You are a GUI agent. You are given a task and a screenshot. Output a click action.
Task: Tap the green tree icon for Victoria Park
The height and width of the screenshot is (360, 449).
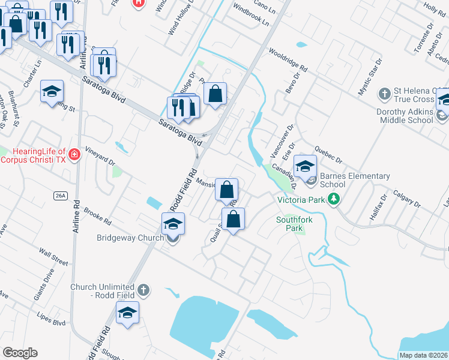click(x=334, y=200)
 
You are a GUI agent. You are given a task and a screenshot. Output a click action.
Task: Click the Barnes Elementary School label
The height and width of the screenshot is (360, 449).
click(x=355, y=180)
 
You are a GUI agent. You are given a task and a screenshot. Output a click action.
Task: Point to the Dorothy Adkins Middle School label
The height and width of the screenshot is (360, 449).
click(x=405, y=116)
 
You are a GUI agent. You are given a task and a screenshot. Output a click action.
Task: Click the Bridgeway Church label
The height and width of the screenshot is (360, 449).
click(x=130, y=238)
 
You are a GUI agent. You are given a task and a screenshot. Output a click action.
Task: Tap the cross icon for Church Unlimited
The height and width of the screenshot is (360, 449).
click(x=143, y=290)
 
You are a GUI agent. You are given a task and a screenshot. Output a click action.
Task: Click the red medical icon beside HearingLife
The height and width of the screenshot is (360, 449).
click(x=74, y=155)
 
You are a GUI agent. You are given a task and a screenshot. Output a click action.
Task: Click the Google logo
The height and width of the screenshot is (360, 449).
click(x=20, y=352)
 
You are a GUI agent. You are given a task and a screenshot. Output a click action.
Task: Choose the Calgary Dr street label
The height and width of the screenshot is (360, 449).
click(x=406, y=199)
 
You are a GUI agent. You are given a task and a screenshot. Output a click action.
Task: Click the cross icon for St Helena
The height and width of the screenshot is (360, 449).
click(x=385, y=94)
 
